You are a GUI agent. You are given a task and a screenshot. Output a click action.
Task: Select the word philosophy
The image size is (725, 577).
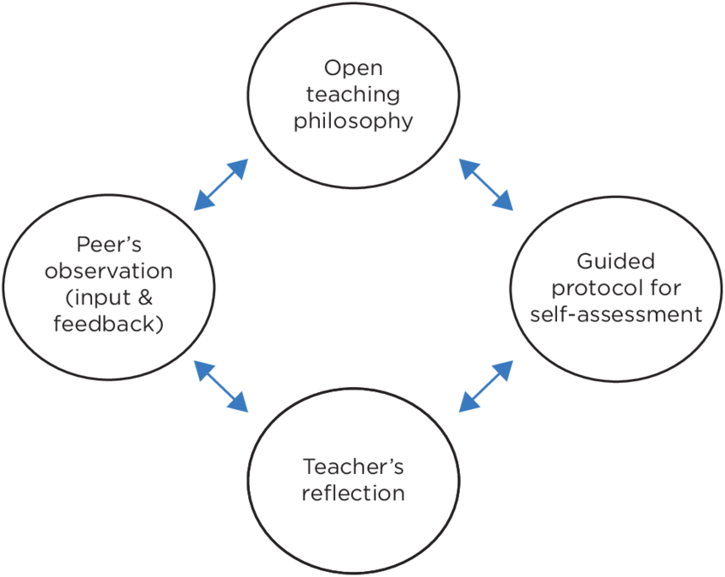tap(353, 120)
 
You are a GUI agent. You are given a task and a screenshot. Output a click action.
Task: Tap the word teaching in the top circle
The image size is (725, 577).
tap(353, 94)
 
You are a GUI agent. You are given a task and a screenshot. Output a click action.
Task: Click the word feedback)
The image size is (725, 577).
tap(108, 325)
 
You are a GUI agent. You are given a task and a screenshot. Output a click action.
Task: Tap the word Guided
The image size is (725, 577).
tap(616, 260)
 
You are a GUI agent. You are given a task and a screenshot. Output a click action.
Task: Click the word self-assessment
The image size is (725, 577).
tap(616, 314)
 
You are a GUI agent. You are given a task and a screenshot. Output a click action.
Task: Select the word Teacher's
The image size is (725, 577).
tap(353, 466)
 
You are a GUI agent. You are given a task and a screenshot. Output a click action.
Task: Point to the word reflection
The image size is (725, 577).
tap(353, 493)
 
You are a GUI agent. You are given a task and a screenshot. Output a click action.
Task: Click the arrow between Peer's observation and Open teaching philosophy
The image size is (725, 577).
tap(221, 184)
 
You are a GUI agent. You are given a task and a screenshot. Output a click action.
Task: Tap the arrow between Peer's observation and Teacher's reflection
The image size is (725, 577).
tap(221, 385)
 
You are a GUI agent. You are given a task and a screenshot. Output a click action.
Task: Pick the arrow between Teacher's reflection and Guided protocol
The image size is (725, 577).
tap(486, 385)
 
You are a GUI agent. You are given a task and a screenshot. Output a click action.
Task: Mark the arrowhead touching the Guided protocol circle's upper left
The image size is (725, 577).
tap(503, 200)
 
